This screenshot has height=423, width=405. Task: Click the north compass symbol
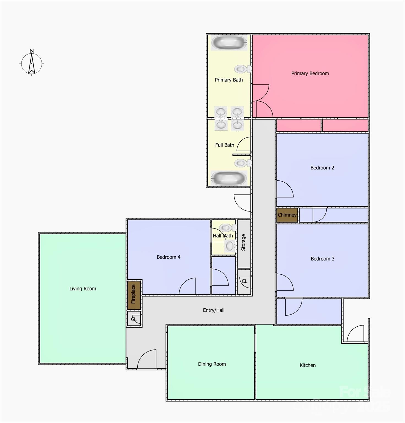click(32, 63)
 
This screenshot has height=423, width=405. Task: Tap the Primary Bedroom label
click(310, 74)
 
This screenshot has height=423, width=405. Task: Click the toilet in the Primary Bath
click(241, 69)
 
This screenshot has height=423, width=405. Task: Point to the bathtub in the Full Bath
click(229, 178)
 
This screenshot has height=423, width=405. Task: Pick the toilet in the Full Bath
click(242, 163)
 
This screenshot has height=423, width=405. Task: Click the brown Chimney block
click(287, 215)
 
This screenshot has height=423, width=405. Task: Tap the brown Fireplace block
click(134, 294)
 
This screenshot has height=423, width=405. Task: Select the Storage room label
click(243, 242)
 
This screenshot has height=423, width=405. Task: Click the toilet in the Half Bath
click(227, 227)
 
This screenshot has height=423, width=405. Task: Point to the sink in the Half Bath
click(230, 246)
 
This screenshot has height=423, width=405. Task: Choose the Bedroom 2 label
click(322, 168)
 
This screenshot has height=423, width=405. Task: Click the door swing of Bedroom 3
click(284, 283)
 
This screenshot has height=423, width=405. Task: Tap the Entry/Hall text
click(214, 310)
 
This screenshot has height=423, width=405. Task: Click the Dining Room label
click(212, 364)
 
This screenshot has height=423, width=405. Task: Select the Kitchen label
click(308, 365)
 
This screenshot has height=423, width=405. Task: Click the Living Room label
click(83, 289)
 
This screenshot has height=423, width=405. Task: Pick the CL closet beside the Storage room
click(244, 281)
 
